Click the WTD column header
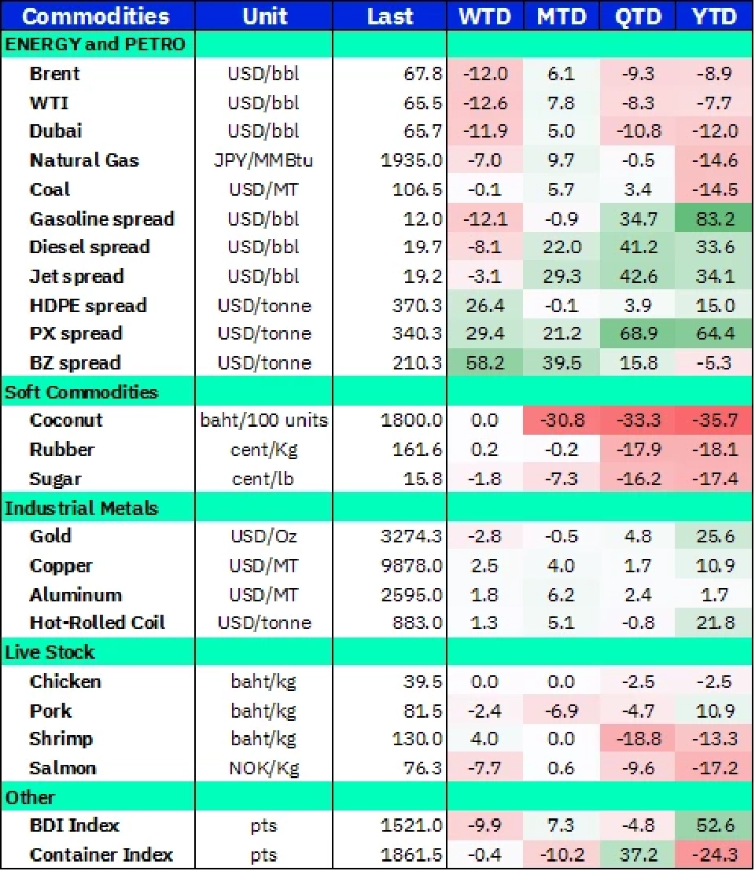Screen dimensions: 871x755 point(484,17)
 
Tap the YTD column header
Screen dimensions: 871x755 point(715,17)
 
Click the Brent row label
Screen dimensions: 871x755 point(55,74)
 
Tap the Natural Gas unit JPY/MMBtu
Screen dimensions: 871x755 point(263,161)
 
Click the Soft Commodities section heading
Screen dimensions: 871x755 point(81,392)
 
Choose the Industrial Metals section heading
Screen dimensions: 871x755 point(81,509)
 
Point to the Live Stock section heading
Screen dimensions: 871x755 point(50,652)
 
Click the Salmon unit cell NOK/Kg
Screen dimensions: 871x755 point(263,768)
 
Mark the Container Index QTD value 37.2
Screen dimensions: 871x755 point(639,854)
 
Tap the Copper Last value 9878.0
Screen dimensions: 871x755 point(411,566)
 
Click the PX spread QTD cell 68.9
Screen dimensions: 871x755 point(639,334)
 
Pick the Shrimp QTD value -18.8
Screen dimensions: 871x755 point(639,739)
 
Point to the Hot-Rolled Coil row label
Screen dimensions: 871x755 point(98,623)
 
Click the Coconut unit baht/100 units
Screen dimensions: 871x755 point(263,421)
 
